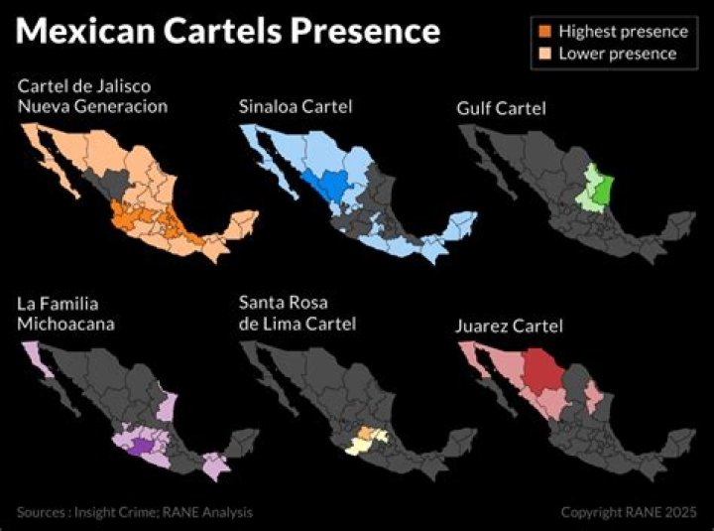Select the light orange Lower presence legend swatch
point(545,54)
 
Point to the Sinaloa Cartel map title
point(296,106)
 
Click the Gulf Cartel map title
point(502,106)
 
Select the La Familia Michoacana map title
point(65,314)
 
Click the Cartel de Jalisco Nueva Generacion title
point(93,96)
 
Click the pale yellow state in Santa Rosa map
point(354,447)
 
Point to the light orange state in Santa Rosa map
point(367,434)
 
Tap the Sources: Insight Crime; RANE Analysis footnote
point(134,513)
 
